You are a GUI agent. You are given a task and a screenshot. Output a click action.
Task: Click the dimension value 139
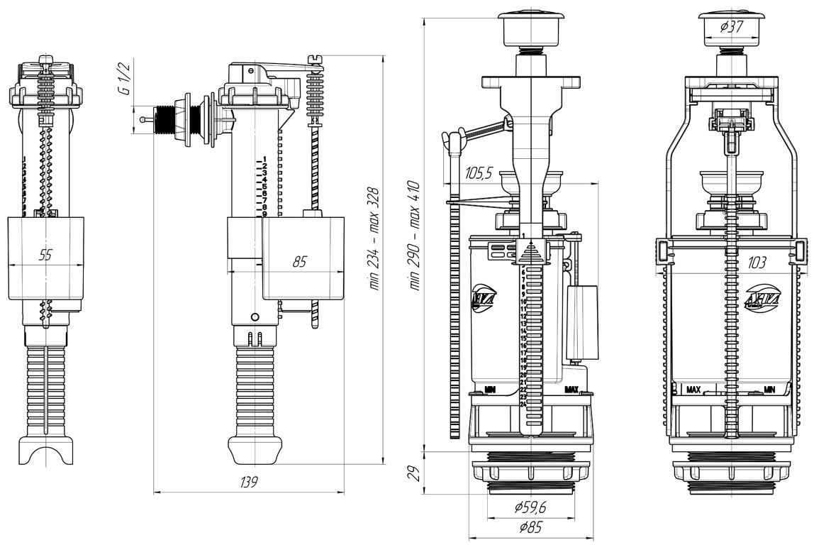coord(248,482)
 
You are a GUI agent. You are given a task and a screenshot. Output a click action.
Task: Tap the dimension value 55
coord(45,255)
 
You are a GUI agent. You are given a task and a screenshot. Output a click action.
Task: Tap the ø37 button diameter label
coord(730,28)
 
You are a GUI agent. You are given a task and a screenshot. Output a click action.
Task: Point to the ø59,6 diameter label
coord(529,507)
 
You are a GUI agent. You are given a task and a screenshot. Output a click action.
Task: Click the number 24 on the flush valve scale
coord(523,404)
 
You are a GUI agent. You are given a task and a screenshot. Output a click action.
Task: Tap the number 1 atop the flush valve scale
coord(523,236)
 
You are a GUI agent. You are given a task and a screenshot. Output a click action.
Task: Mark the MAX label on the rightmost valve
coord(693,390)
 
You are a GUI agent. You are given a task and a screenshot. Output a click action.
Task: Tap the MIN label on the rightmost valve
coord(770,390)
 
